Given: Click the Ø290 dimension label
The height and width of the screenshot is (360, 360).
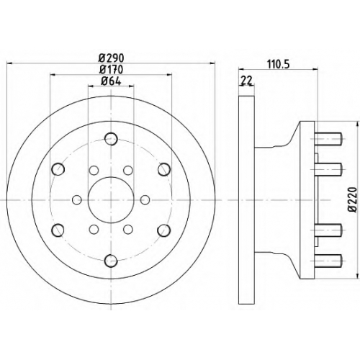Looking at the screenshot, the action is (x=112, y=58).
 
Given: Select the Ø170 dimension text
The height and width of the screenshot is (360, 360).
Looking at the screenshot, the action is (x=112, y=70).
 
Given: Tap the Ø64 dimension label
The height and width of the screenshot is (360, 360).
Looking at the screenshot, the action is (x=111, y=81).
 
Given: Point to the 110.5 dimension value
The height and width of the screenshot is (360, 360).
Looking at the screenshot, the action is (x=279, y=64).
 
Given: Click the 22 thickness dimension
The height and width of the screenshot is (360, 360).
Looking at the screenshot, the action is (x=246, y=81).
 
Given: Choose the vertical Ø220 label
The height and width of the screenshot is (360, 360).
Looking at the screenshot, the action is (x=353, y=199).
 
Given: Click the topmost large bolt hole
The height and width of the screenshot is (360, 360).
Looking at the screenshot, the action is (x=111, y=139).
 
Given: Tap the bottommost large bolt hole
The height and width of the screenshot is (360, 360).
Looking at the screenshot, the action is (x=111, y=261).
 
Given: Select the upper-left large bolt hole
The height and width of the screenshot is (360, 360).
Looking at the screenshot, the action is (x=58, y=169).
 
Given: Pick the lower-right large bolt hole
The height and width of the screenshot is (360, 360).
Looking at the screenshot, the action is (x=163, y=230).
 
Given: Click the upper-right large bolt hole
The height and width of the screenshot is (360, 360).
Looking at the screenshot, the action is (x=164, y=169).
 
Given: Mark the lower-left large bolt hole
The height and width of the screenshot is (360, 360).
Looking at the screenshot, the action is (x=58, y=230).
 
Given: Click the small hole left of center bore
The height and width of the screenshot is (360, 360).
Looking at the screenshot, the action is (x=77, y=199).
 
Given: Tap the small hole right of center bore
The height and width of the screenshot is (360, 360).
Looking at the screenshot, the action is (x=145, y=199).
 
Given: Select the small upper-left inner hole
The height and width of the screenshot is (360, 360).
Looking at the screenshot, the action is (x=94, y=171).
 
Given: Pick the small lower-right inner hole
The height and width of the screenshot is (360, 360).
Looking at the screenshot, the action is (x=128, y=229).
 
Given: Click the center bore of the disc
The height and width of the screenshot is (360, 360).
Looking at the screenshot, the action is (x=111, y=199).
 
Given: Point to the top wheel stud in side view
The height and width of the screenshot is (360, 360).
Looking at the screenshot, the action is (x=328, y=139).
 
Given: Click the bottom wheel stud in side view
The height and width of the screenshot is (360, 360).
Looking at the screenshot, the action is (x=328, y=261).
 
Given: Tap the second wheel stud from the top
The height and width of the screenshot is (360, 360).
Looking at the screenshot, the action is (x=328, y=169).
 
